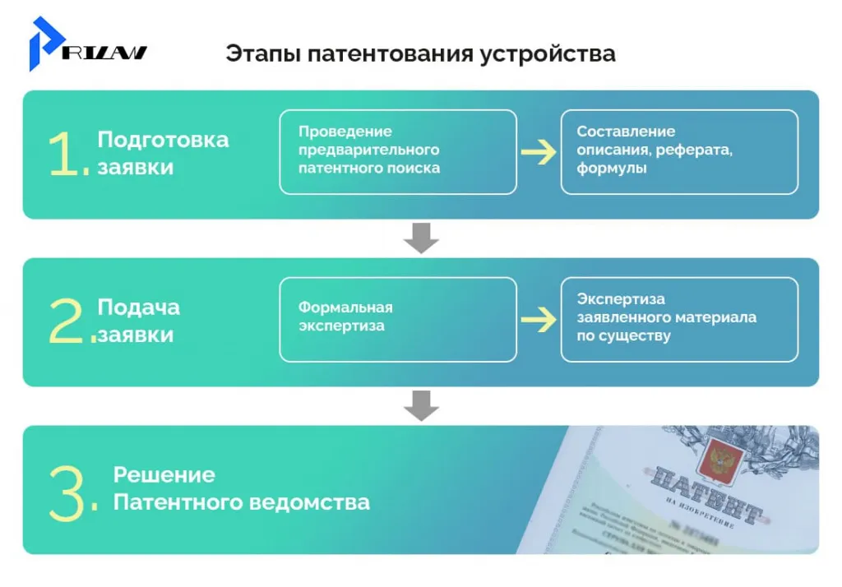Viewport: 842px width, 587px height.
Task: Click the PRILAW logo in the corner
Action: [86, 45]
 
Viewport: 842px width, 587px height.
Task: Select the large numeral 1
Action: [66, 155]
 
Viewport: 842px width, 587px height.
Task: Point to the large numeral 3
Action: [67, 493]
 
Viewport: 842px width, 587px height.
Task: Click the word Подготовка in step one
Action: [163, 139]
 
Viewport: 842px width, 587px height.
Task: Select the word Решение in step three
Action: [164, 474]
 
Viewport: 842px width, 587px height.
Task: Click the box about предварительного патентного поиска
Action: [398, 151]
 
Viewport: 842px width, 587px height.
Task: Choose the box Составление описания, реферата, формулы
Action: [679, 151]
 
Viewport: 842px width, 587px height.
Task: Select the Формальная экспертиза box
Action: [398, 319]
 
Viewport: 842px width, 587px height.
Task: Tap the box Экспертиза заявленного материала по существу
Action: [679, 319]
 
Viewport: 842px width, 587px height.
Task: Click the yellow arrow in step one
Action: [539, 152]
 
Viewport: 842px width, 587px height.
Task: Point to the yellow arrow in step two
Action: [539, 320]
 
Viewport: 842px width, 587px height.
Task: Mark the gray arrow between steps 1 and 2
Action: [421, 238]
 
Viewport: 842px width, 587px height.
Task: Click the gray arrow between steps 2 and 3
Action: [421, 405]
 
